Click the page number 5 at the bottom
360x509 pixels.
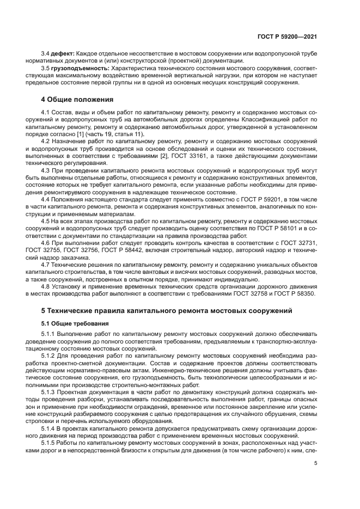point(315,463)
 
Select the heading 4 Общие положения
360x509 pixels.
point(77,100)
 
